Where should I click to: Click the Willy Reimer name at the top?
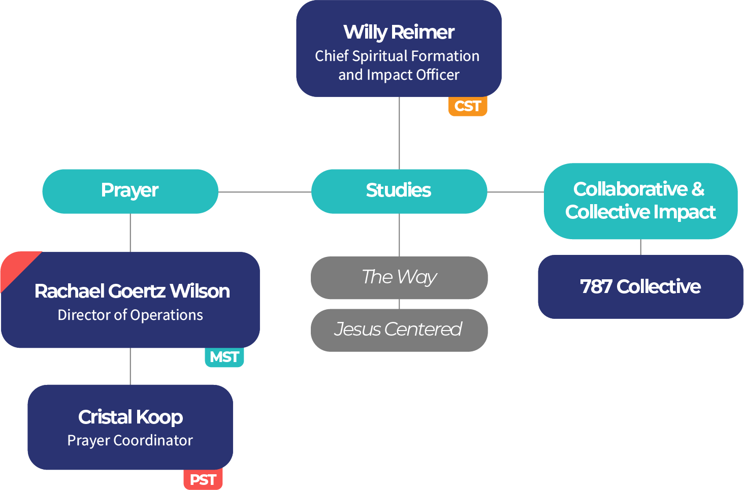tap(399, 32)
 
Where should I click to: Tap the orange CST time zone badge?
tap(467, 106)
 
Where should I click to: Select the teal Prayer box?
tap(130, 191)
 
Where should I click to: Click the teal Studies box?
tap(399, 191)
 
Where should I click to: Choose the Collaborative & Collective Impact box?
tap(640, 201)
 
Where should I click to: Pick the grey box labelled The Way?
tap(399, 277)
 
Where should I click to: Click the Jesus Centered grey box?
tap(399, 330)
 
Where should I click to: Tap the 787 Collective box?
tap(640, 287)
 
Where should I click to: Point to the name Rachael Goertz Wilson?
tap(132, 291)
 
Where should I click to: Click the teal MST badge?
tap(224, 357)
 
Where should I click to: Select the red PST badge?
tap(203, 479)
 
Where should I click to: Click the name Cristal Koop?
tap(131, 417)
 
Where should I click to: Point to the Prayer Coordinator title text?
tap(130, 440)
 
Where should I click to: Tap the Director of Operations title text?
tap(130, 315)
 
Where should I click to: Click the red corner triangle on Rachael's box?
tap(15, 266)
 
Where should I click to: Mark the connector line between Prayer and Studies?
tap(264, 192)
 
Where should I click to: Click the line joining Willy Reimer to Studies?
tap(399, 133)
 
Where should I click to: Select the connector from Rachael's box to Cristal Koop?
tap(131, 366)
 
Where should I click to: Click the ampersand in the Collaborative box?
tap(698, 189)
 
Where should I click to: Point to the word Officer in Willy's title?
tap(438, 75)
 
